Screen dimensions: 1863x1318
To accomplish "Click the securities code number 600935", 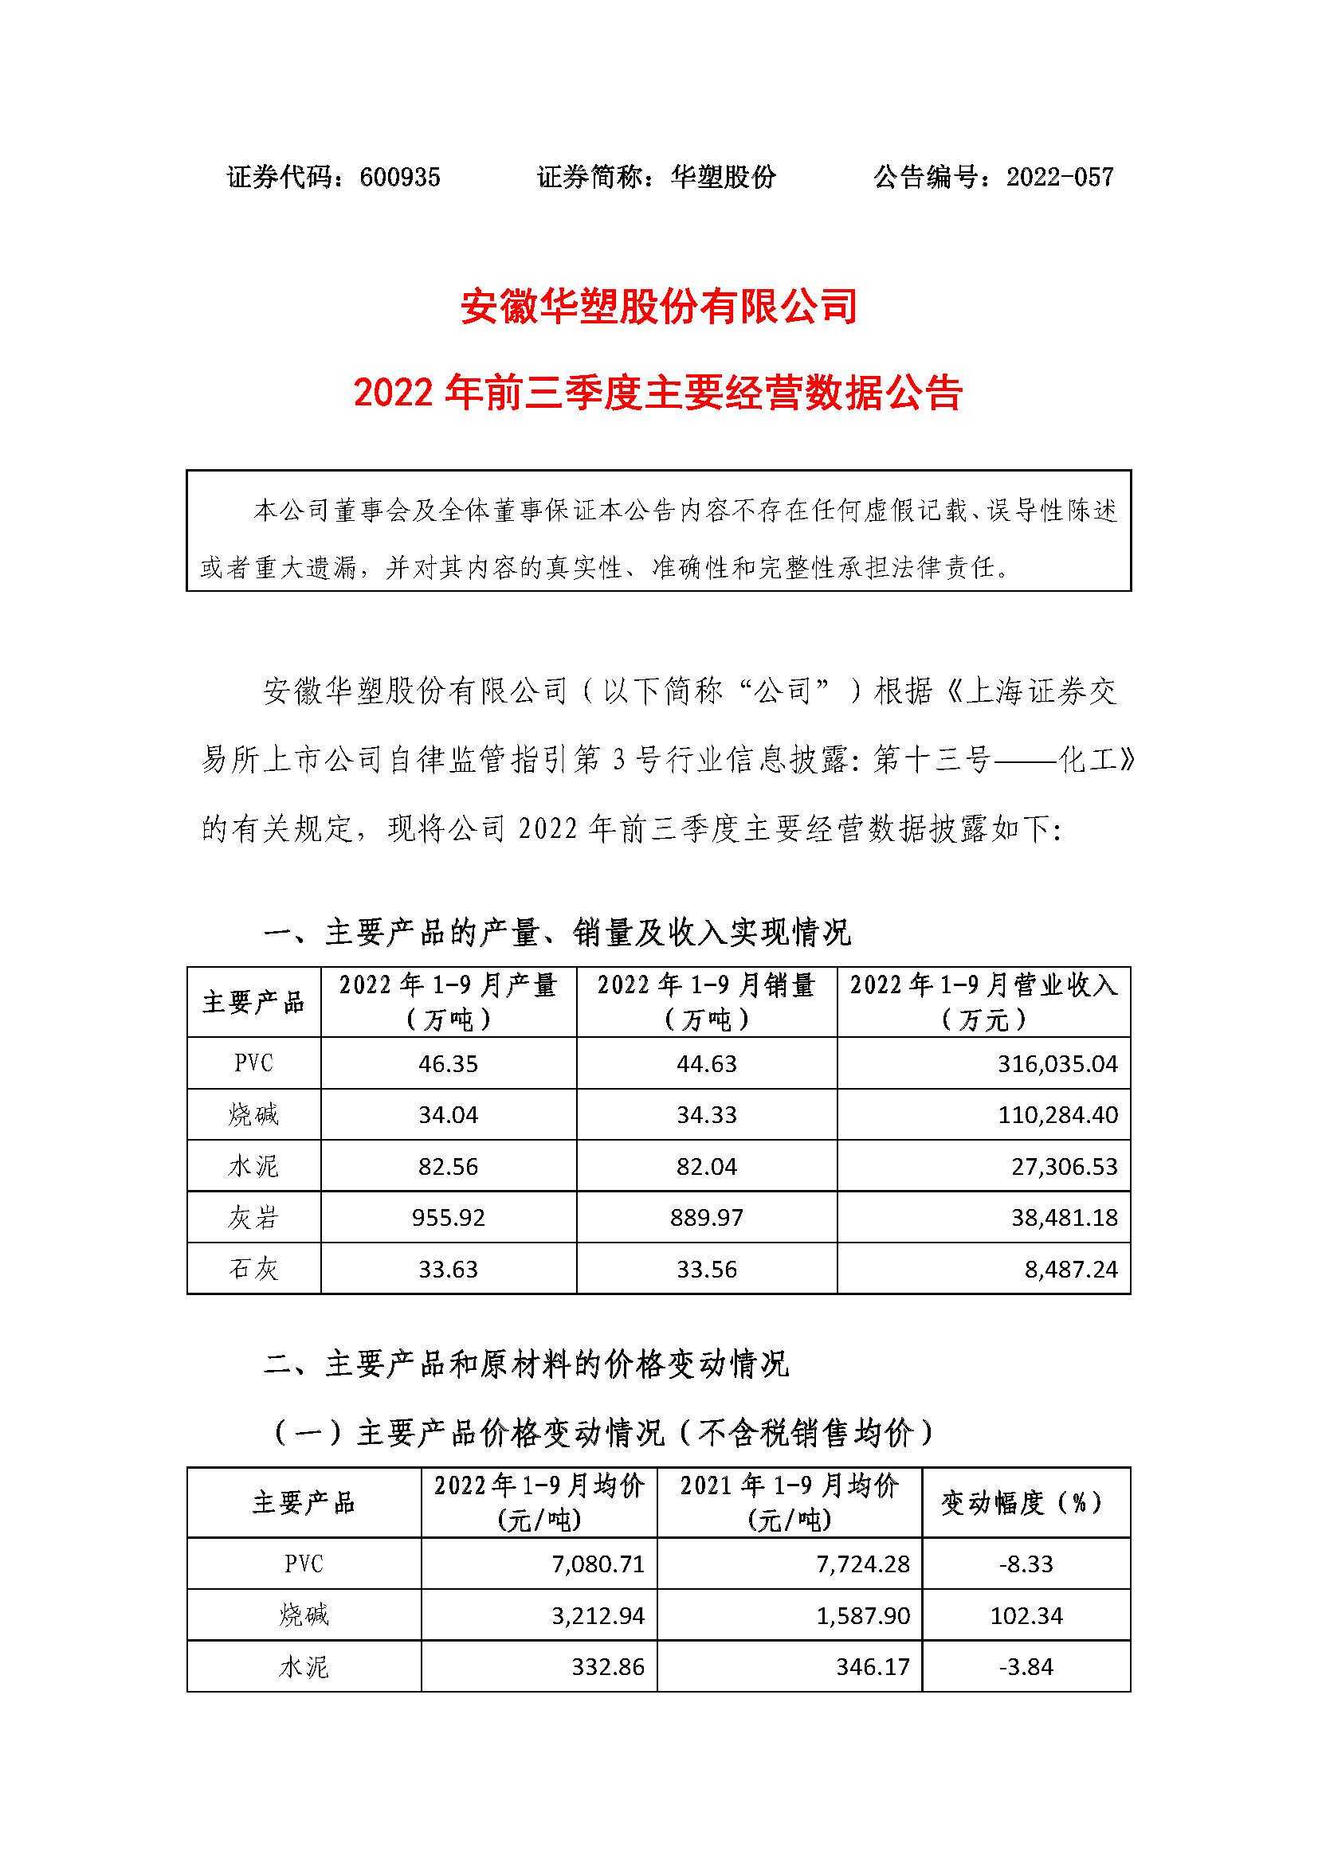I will [x=399, y=177].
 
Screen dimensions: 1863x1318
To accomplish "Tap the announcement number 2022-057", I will [x=1060, y=177].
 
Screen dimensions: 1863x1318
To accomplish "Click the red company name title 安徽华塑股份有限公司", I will [x=659, y=307].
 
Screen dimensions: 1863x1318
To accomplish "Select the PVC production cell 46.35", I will [x=448, y=1064].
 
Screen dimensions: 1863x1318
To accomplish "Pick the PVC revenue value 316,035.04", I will [x=1057, y=1064].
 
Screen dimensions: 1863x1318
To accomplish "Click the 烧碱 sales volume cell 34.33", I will [x=706, y=1115].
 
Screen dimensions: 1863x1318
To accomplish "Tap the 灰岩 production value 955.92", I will [x=448, y=1218].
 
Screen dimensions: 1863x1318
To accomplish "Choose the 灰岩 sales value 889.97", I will [x=706, y=1218].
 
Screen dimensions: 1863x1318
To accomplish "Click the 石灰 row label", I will [x=253, y=1269].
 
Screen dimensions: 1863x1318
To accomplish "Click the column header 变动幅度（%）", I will [x=1026, y=1504].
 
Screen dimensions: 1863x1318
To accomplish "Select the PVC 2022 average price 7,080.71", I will [x=598, y=1564].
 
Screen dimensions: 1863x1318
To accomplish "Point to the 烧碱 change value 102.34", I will [x=1026, y=1615].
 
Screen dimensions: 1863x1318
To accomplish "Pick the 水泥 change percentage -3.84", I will [x=1026, y=1667].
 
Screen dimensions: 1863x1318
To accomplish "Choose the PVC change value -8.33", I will [x=1026, y=1564].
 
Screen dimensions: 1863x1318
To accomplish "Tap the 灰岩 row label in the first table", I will [x=253, y=1218].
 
